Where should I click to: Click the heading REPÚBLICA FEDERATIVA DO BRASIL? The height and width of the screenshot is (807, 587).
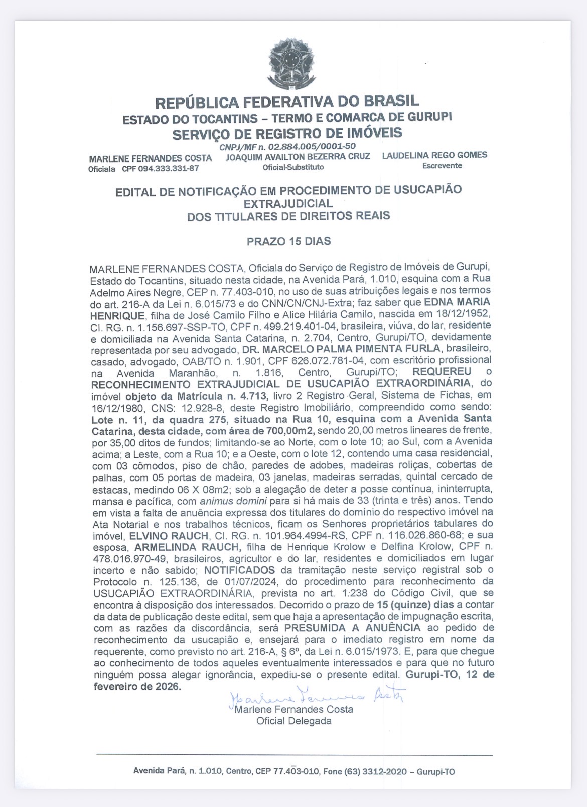[x=287, y=102]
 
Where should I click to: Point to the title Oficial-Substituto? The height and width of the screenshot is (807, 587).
[x=293, y=167]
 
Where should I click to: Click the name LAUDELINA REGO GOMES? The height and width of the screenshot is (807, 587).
[x=434, y=155]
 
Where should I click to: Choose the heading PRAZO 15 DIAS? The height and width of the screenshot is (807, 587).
[x=288, y=241]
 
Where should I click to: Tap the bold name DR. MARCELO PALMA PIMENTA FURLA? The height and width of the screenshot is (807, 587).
[x=334, y=348]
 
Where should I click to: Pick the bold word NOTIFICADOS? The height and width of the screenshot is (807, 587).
[x=239, y=570]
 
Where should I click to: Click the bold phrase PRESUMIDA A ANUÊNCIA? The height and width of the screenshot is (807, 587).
[x=352, y=628]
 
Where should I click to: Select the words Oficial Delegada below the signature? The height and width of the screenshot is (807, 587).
[x=294, y=721]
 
